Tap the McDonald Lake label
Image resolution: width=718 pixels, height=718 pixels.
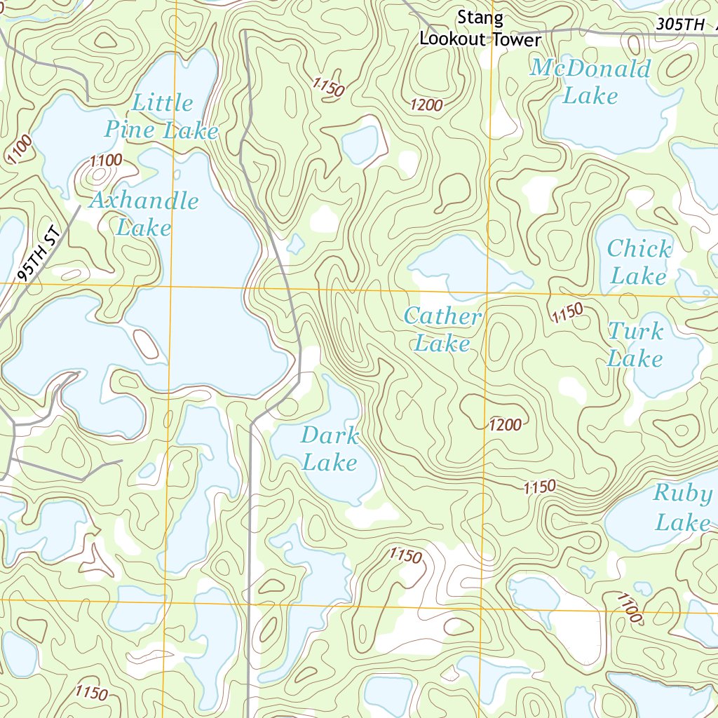[590, 81]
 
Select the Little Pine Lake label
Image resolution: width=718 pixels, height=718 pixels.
[162, 116]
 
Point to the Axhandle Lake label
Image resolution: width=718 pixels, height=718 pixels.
[144, 214]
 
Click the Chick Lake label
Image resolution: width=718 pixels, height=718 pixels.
[638, 262]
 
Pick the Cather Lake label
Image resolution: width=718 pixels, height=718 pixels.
[442, 330]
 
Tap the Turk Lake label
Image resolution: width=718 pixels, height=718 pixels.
[635, 345]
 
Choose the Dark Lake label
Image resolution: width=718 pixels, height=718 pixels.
[330, 449]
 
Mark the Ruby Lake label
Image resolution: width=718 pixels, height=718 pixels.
[682, 508]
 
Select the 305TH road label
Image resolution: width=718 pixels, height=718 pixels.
[680, 24]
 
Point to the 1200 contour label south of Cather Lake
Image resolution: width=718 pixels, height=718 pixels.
[506, 424]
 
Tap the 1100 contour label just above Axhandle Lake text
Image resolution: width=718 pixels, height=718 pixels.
[106, 161]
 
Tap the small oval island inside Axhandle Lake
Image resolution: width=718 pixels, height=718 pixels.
[146, 344]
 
